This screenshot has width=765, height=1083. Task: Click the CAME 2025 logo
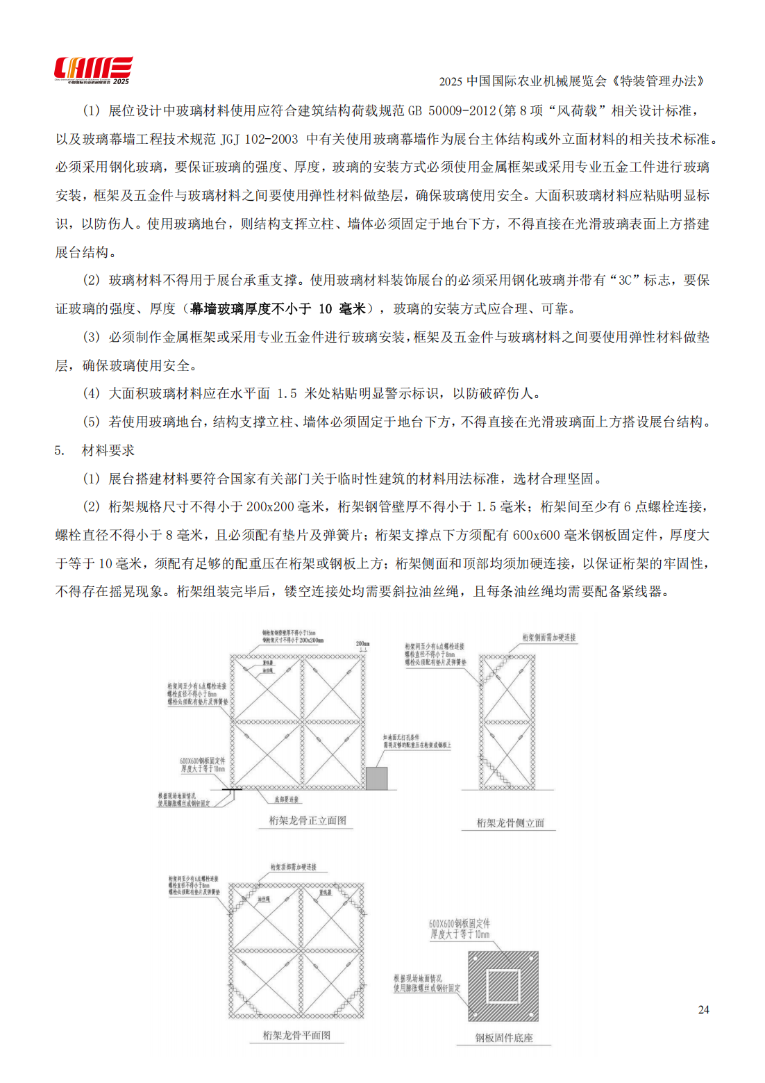click(93, 70)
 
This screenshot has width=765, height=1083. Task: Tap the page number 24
click(703, 1009)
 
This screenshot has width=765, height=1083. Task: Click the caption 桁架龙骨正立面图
click(307, 820)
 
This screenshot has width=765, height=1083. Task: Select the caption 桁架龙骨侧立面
click(510, 823)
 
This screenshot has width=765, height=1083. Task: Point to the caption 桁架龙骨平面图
click(296, 1035)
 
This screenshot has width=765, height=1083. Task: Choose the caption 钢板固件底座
click(504, 1038)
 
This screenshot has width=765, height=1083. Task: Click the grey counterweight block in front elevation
click(376, 778)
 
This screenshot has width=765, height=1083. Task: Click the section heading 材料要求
click(108, 450)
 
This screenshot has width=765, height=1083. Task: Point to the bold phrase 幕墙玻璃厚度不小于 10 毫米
click(278, 309)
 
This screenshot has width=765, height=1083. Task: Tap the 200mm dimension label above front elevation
click(362, 643)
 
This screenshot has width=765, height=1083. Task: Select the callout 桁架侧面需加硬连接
click(548, 637)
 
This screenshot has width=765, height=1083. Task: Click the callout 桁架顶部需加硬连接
click(293, 867)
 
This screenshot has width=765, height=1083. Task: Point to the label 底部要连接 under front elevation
click(286, 800)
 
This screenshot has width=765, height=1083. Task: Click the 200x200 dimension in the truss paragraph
click(270, 507)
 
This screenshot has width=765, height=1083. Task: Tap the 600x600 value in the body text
click(536, 536)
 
